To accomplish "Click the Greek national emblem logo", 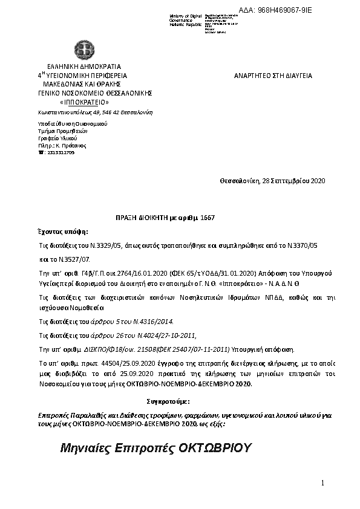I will click(x=80, y=50).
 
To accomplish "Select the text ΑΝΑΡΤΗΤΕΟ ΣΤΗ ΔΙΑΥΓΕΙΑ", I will click(x=273, y=76).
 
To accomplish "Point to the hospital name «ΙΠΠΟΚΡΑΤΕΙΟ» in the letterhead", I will click(x=85, y=102).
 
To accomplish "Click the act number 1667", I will click(x=207, y=217).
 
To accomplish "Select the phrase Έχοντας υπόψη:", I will click(x=62, y=231).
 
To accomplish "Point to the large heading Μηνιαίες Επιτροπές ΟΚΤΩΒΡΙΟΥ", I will click(x=155, y=449).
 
